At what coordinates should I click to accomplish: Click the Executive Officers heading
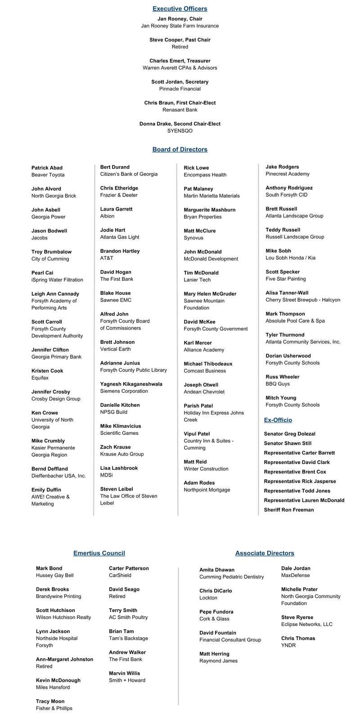click(x=180, y=9)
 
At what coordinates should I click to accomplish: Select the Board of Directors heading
click(x=180, y=149)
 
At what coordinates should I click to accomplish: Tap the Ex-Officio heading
click(x=278, y=420)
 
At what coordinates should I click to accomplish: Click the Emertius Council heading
click(x=99, y=553)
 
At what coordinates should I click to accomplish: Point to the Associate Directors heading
click(x=265, y=553)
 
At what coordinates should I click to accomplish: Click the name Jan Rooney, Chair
click(x=180, y=19)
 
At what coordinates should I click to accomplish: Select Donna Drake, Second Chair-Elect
click(x=180, y=124)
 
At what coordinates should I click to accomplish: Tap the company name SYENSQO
click(x=180, y=131)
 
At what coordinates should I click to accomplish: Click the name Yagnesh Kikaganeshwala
click(x=131, y=384)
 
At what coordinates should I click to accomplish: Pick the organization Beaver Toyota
click(x=48, y=175)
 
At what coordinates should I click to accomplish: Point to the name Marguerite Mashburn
click(x=209, y=210)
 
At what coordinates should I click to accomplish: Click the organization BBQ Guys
click(x=278, y=384)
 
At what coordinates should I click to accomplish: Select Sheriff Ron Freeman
click(x=288, y=510)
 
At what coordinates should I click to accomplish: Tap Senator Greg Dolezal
click(x=289, y=434)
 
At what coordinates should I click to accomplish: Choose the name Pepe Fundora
click(x=216, y=612)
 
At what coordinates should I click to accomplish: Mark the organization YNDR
click(x=288, y=645)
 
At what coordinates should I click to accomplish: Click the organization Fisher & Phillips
click(x=54, y=708)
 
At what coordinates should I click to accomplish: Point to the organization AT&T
click(x=107, y=258)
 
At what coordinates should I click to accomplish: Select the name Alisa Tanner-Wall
click(x=287, y=293)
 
